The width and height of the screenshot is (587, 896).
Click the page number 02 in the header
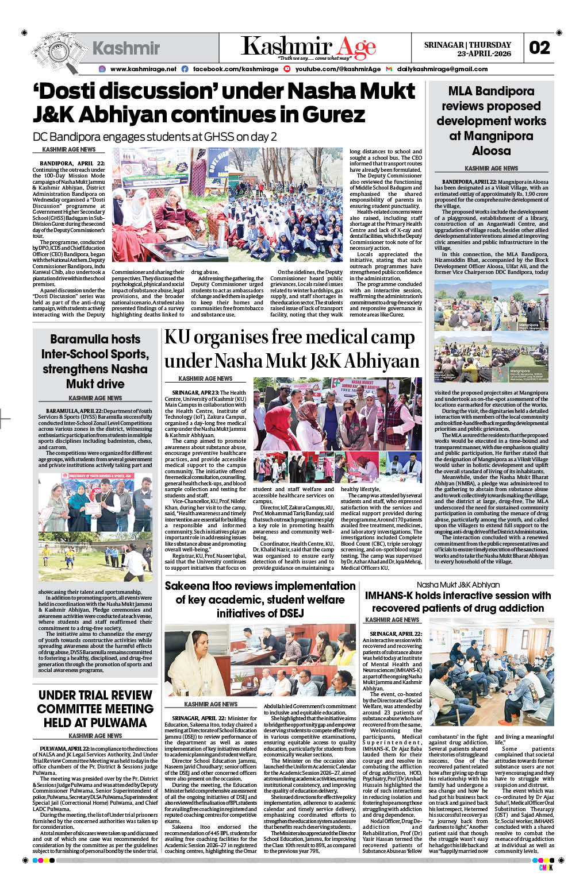pyautogui.click(x=539, y=48)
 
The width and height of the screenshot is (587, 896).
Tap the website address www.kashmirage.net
pyautogui.click(x=143, y=69)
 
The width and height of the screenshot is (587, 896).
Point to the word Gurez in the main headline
pyautogui.click(x=333, y=115)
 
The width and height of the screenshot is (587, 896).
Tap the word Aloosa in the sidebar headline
pyautogui.click(x=491, y=150)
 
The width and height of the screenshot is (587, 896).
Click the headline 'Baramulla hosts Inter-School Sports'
pyautogui.click(x=95, y=361)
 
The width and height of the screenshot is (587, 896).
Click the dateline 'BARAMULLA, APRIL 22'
pyautogui.click(x=75, y=411)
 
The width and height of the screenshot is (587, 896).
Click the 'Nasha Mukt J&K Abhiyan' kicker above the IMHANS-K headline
pyautogui.click(x=458, y=585)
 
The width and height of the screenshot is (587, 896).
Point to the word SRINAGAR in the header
pyautogui.click(x=443, y=45)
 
